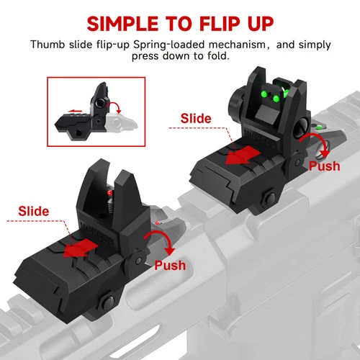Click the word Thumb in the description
click(48, 44)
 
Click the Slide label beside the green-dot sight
click(196, 117)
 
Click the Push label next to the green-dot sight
click(324, 166)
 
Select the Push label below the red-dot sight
click(170, 266)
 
